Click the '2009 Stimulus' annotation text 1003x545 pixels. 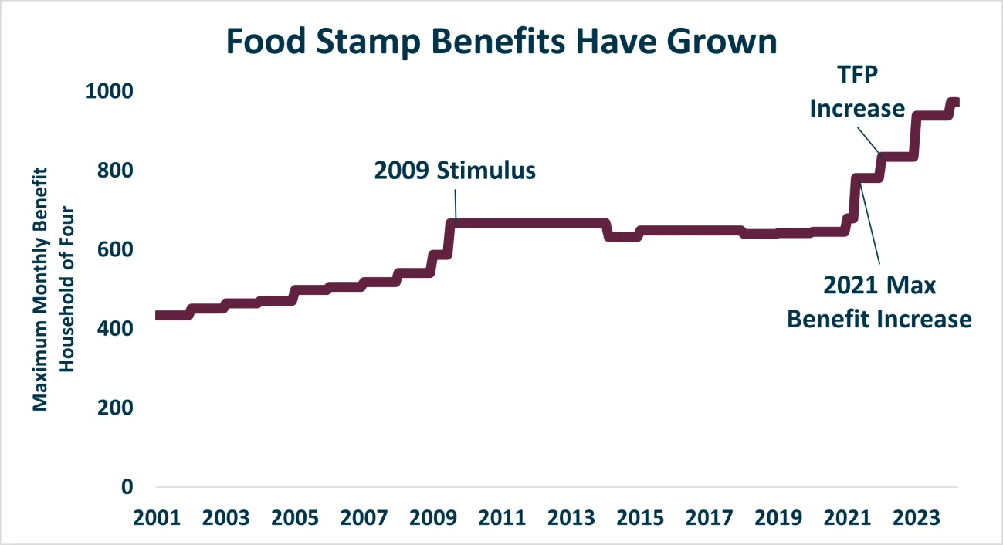pos(455,171)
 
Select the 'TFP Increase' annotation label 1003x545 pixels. pos(857,92)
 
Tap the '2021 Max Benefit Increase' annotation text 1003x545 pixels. pos(879,302)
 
